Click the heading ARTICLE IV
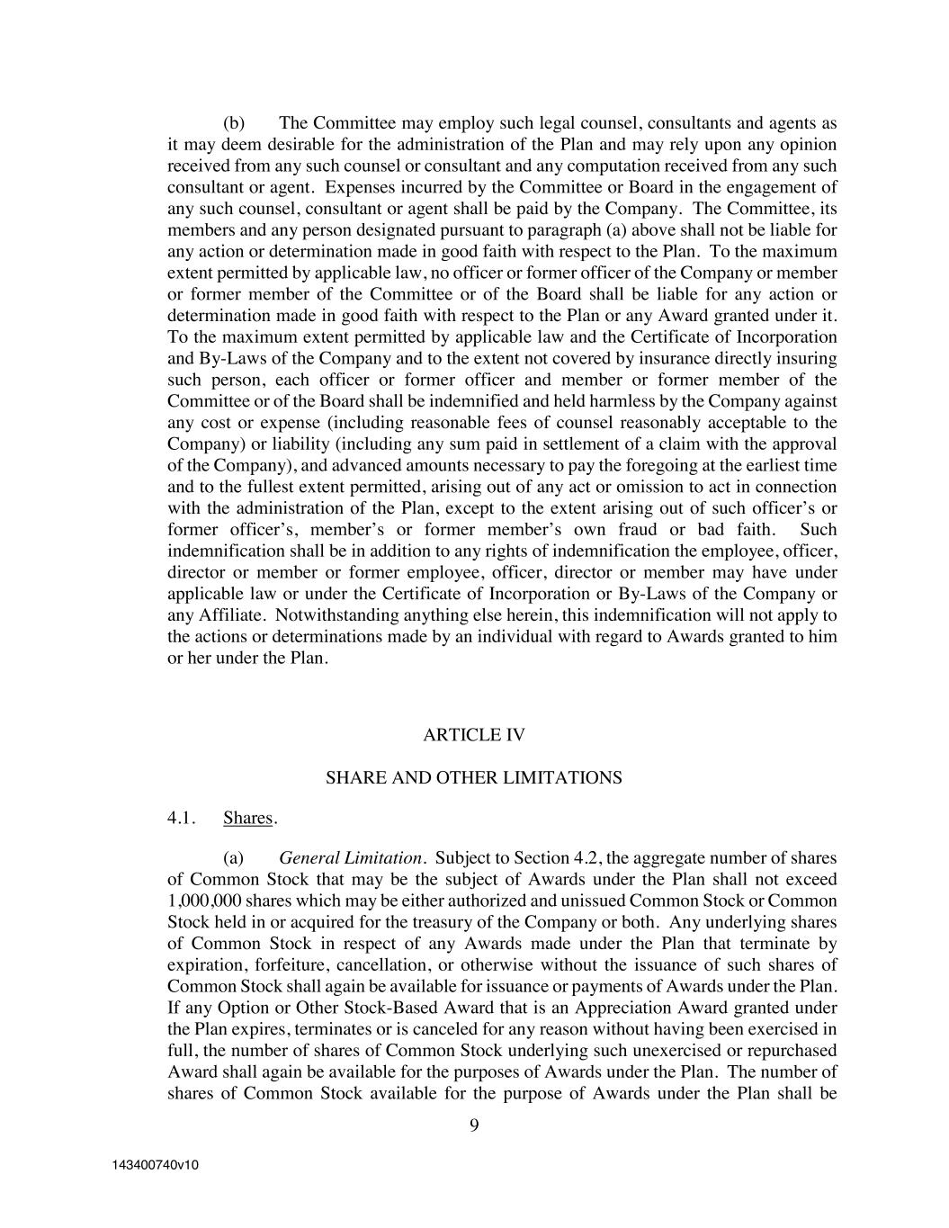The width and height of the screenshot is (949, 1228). [x=473, y=735]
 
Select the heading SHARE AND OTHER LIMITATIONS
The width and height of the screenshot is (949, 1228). [x=473, y=777]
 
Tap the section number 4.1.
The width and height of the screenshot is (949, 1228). [x=182, y=818]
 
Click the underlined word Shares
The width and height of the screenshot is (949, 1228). [x=248, y=818]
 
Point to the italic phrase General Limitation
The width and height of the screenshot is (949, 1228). [x=350, y=857]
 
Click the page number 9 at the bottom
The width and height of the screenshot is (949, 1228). [x=474, y=1125]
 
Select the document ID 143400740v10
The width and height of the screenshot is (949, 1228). [x=155, y=1165]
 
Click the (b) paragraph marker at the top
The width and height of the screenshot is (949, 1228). [x=234, y=123]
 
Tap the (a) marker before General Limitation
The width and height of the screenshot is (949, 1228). [x=234, y=857]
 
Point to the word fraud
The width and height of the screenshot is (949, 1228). [x=637, y=530]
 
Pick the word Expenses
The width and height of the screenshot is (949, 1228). [x=360, y=187]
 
